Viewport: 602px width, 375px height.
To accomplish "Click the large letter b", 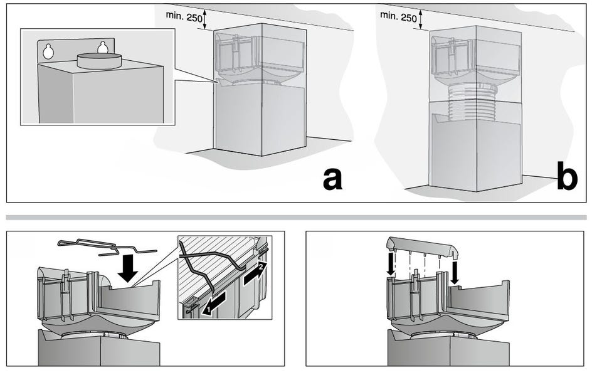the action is [x=568, y=175].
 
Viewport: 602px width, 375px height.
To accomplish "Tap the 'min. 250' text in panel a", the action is [x=184, y=16].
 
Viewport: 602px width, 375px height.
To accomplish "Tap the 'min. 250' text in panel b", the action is [x=399, y=16].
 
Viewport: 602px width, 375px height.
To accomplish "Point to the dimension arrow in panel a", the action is [x=204, y=20].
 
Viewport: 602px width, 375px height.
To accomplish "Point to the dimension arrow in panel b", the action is [x=421, y=20].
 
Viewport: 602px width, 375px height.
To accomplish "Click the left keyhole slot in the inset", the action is [x=48, y=51].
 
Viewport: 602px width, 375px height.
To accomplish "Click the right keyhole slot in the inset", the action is [x=102, y=47].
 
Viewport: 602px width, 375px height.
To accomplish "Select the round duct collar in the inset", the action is [x=100, y=61].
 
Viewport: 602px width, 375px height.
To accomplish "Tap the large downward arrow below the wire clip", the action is [x=128, y=271].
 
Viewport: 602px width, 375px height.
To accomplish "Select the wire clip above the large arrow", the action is [x=107, y=246].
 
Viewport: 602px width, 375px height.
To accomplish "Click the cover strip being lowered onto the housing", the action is [x=423, y=247].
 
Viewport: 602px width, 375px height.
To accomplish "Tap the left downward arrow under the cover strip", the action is [x=391, y=263].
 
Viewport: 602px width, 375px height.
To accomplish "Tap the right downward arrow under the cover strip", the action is [x=455, y=273].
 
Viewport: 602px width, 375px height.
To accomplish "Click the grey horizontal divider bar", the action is [x=296, y=218].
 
